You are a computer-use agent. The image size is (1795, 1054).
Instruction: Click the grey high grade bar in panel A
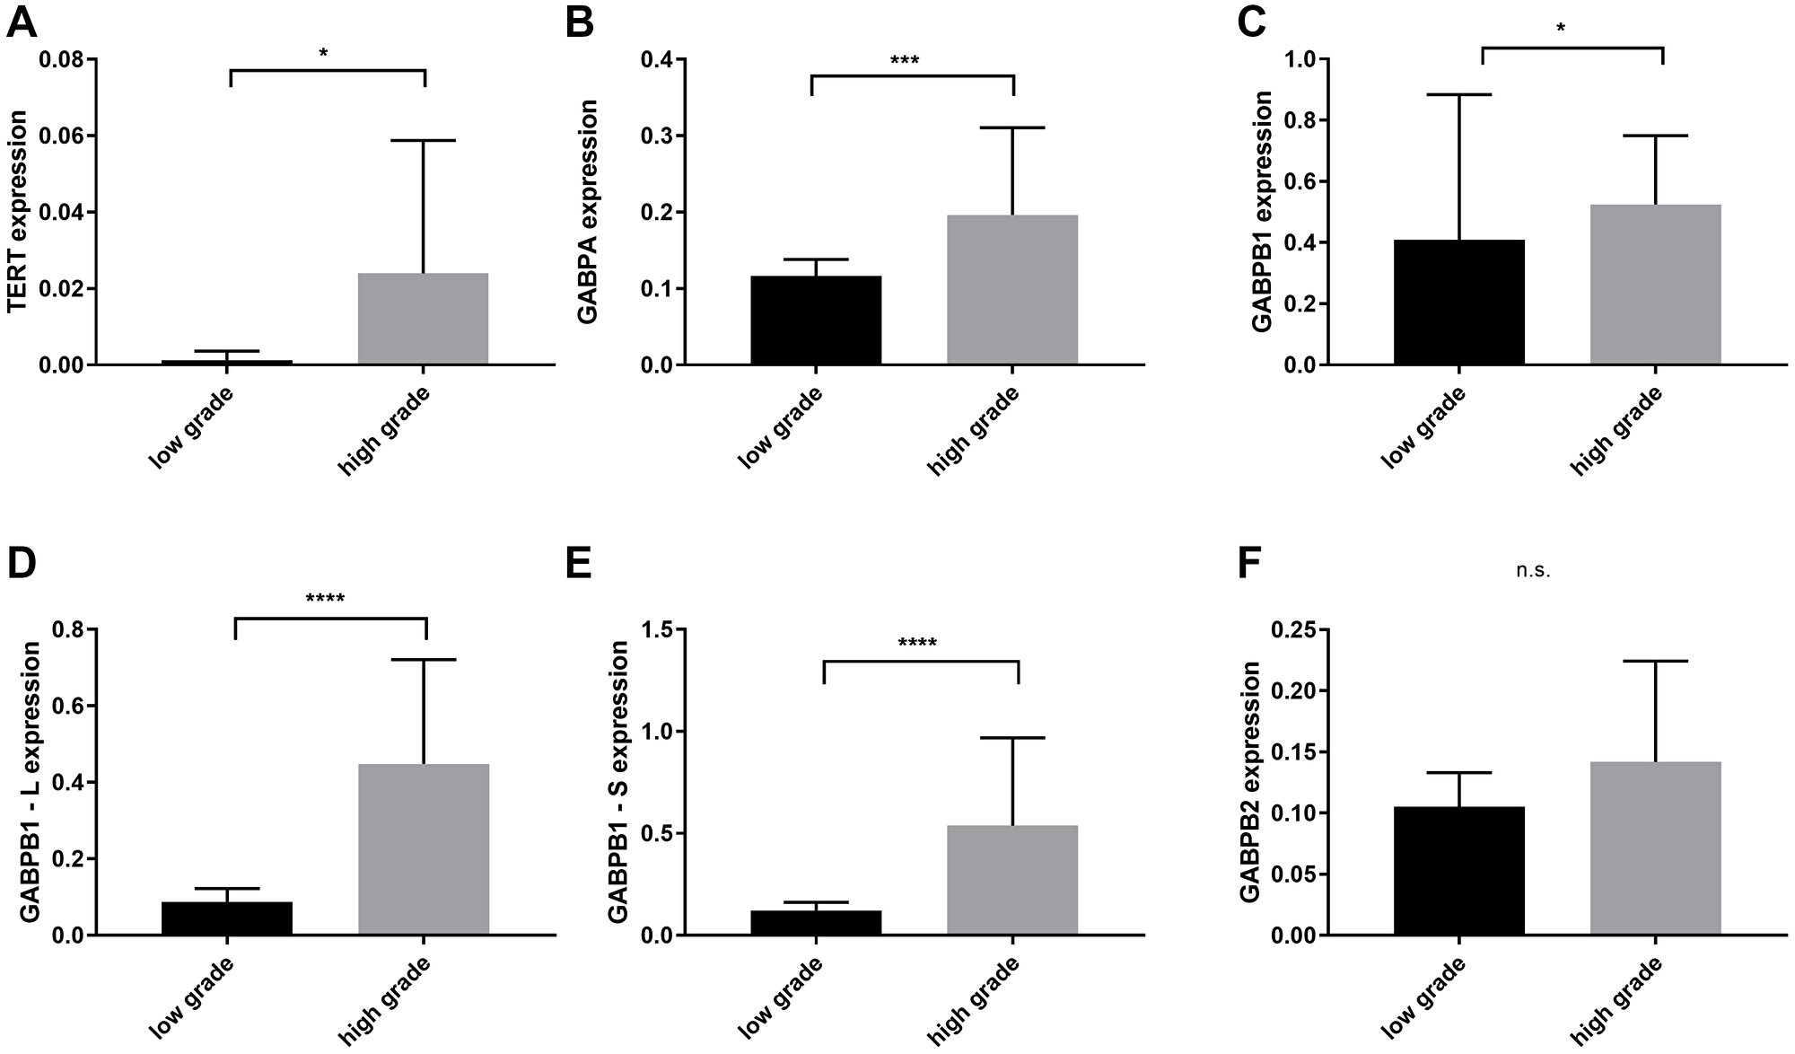click(423, 319)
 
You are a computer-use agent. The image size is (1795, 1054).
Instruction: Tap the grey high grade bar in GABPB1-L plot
click(424, 848)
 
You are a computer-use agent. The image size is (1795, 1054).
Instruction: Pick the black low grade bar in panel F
click(1459, 870)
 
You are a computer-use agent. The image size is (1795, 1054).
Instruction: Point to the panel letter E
click(580, 567)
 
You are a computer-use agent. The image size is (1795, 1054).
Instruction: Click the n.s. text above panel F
click(1533, 571)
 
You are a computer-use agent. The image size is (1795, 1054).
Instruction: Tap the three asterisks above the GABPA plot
click(905, 62)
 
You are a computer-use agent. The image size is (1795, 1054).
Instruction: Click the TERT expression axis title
click(17, 212)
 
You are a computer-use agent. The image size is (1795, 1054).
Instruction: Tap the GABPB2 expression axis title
click(1248, 782)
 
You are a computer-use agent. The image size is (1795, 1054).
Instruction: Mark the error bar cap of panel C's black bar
click(1459, 94)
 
